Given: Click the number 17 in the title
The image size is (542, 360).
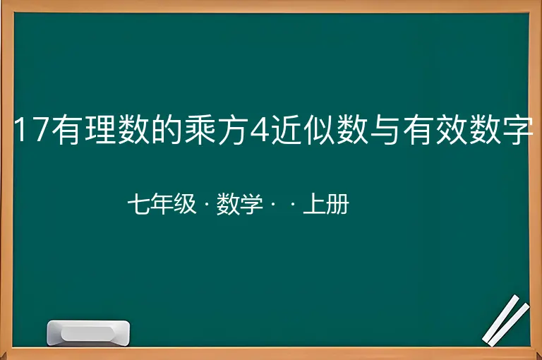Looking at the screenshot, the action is (32, 130).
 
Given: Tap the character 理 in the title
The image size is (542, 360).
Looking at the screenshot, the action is (100, 130).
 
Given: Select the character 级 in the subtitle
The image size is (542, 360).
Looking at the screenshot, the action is (185, 204).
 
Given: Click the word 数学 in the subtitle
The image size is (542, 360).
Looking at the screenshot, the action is (239, 204).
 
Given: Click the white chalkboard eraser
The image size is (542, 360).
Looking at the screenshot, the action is (88, 332).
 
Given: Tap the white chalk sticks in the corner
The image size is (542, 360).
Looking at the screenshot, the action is (506, 320).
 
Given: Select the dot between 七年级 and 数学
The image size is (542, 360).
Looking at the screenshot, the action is (207, 204).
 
